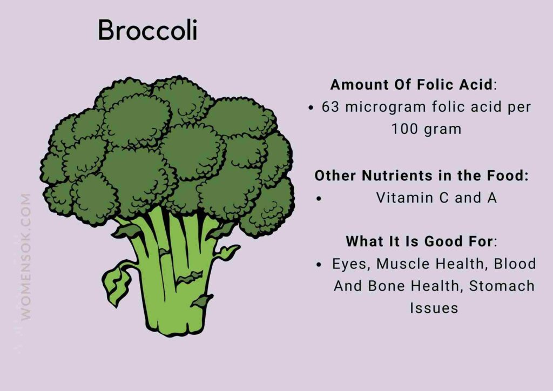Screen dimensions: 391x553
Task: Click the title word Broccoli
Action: [x=147, y=31]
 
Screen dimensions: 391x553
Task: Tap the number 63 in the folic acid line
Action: [x=331, y=107]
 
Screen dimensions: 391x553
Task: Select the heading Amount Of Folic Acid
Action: [x=411, y=85]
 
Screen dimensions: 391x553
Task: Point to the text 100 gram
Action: [x=427, y=130]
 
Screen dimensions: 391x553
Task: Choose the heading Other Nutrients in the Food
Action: [x=421, y=176]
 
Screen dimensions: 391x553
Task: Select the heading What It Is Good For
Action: [x=419, y=241]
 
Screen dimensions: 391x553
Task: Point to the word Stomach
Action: [x=502, y=286]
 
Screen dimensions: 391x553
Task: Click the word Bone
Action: [x=386, y=286]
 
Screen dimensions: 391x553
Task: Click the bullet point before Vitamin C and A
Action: [x=319, y=199]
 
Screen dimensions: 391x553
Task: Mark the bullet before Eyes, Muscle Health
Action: [x=319, y=265]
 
